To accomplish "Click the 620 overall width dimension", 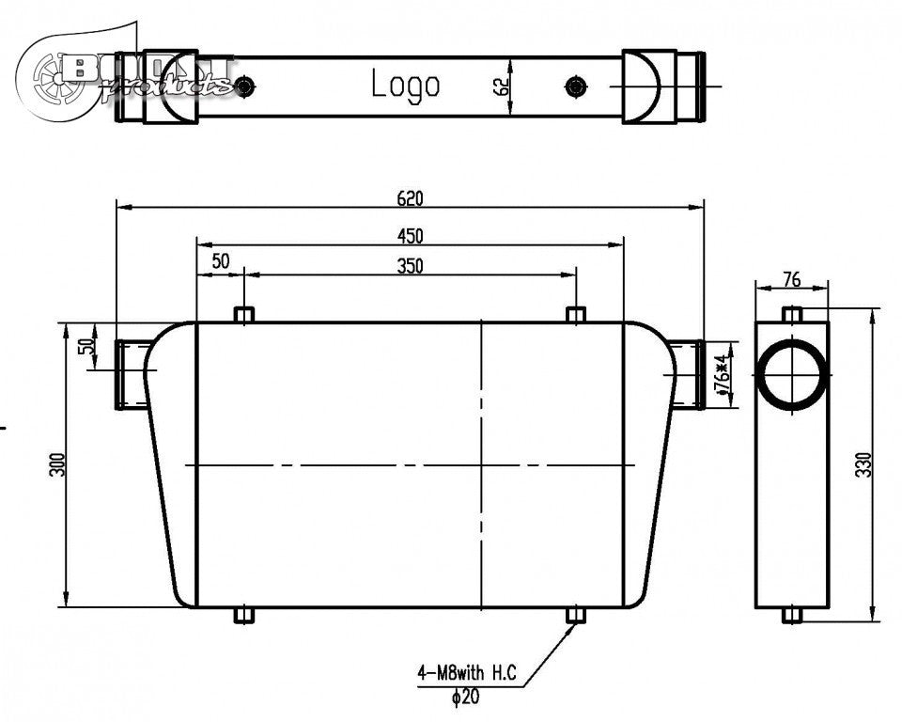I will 411,198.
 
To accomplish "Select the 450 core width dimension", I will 411,234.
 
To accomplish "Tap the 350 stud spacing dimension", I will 411,266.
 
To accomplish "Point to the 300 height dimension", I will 57,465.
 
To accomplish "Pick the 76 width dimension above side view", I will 792,279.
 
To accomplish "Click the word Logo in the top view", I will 405,85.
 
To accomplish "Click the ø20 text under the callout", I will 465,698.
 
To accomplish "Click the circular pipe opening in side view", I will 792,373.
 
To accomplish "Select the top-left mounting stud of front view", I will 244,314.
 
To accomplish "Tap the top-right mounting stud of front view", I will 576,314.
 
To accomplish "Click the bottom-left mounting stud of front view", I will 244,616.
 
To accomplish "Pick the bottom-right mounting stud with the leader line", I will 576,616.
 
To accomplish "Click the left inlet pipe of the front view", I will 130,374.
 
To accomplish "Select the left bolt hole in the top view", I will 245,87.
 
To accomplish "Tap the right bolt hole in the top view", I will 575,87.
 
